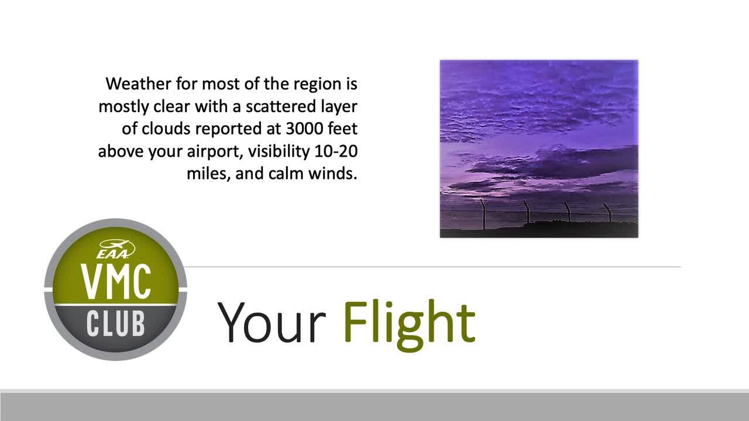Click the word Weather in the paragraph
(x=138, y=84)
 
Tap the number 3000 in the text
(x=304, y=129)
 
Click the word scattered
(x=280, y=106)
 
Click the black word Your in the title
(x=272, y=323)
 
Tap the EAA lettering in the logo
(x=112, y=254)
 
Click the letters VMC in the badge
(x=115, y=282)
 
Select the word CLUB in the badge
(x=115, y=323)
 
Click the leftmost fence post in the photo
(x=483, y=214)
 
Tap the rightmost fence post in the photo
(x=609, y=212)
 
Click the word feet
(x=343, y=129)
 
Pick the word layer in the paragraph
(x=339, y=107)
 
